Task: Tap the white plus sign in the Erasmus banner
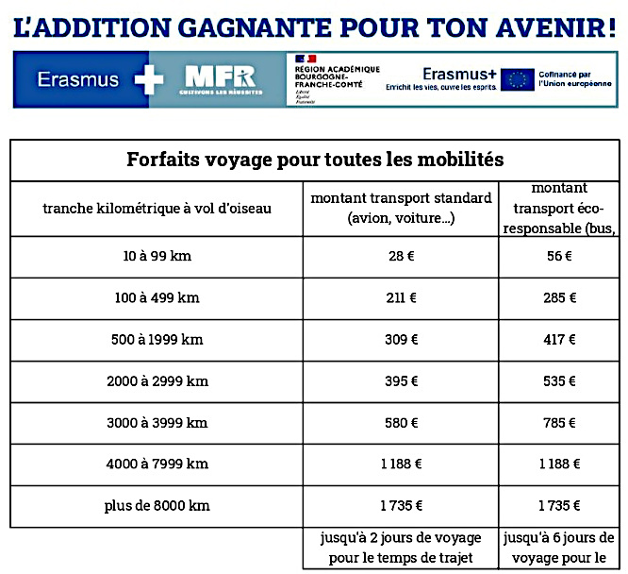click(x=149, y=79)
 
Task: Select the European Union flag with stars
click(x=517, y=79)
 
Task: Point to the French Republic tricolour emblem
click(x=306, y=59)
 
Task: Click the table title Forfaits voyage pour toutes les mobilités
click(x=315, y=160)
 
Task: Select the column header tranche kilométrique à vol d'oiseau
click(x=157, y=208)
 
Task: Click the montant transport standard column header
click(x=401, y=208)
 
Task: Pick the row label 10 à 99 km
click(x=157, y=256)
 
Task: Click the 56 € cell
click(x=559, y=256)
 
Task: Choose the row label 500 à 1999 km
click(x=157, y=339)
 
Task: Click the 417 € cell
click(x=559, y=339)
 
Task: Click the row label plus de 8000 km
click(x=157, y=505)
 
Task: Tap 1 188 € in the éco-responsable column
click(x=559, y=464)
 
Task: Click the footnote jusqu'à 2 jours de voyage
click(x=401, y=538)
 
